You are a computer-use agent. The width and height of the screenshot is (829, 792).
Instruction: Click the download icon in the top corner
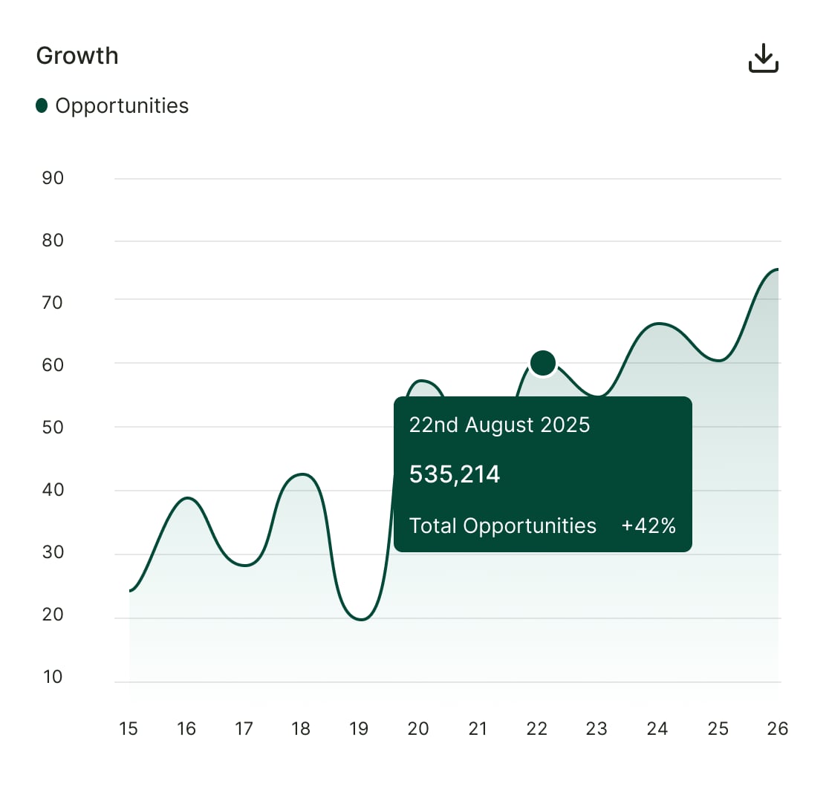(x=763, y=58)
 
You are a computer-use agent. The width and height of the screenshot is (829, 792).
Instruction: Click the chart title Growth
(x=77, y=56)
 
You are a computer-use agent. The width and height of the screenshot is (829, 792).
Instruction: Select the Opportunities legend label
(x=122, y=106)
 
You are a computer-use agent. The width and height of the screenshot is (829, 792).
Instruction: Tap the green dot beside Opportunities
(x=42, y=105)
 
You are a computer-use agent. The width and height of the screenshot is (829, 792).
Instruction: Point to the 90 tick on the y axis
(x=53, y=178)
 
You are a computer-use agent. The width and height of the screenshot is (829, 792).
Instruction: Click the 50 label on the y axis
(x=53, y=427)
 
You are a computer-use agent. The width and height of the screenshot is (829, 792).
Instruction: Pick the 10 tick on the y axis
(x=53, y=677)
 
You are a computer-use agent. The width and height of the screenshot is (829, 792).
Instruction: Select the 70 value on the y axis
(x=53, y=303)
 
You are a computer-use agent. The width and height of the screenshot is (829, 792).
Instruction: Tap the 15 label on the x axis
(x=129, y=729)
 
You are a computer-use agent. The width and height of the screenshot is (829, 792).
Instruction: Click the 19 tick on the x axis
(x=359, y=729)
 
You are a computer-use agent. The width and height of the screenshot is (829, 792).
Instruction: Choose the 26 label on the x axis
(x=777, y=729)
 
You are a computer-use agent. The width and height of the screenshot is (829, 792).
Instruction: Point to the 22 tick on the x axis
(x=536, y=729)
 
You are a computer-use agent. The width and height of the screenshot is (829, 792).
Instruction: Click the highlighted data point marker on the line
(x=543, y=363)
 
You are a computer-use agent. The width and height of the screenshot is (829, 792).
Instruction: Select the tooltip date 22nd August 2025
(x=499, y=425)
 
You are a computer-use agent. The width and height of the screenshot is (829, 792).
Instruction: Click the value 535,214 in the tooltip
(x=455, y=474)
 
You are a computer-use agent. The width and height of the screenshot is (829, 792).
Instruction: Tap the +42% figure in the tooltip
(x=648, y=526)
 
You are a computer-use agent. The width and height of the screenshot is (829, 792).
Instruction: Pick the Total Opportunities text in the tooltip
(x=503, y=526)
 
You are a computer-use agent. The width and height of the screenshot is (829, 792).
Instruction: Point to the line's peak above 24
(x=659, y=324)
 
